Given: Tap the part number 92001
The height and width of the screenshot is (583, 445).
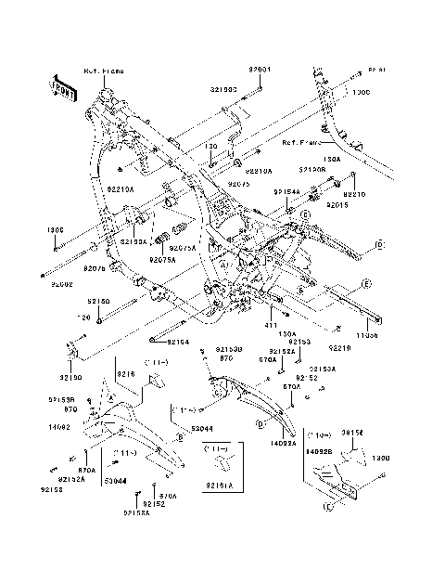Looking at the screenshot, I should [261, 70].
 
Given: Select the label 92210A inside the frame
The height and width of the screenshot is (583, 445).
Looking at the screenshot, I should [121, 188].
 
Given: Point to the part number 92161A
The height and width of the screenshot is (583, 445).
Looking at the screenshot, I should [220, 485].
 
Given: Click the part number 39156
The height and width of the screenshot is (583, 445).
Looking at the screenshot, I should [351, 434].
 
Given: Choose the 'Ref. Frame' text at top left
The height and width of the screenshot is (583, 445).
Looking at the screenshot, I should [103, 71].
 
